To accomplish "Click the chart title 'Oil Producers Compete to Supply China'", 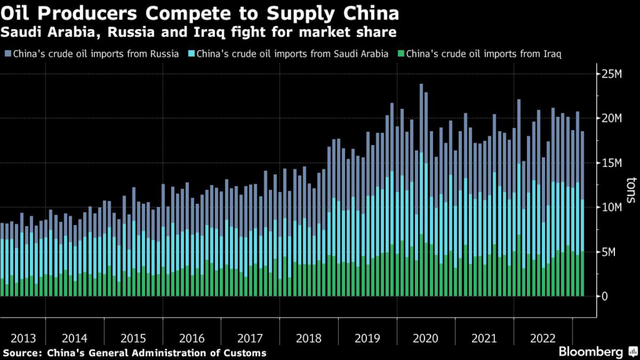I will pos(201,12).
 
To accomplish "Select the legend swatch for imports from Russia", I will pos(6,54).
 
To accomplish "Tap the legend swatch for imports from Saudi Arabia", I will pos(191,54).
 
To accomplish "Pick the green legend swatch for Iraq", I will pos(401,54).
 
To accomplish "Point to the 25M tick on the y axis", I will pos(612,74).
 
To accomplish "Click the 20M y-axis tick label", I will pos(612,119).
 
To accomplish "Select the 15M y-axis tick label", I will pos(612,163).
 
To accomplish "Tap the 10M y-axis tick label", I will pos(612,207).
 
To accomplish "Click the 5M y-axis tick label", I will pos(609,252).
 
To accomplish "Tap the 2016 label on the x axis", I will pos(191,339).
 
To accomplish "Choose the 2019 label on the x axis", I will pos(367,339).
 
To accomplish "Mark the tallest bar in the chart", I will pos(421,187).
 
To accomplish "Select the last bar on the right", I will pos(582,212).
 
